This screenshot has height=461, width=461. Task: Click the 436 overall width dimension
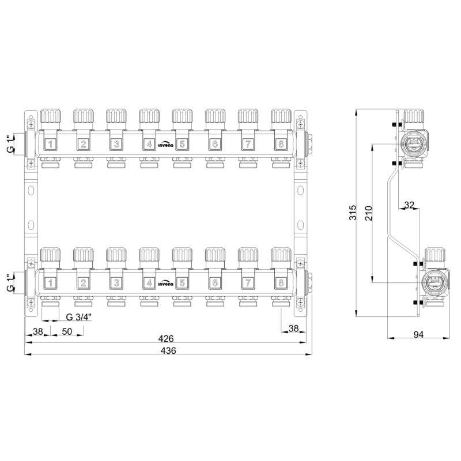[168, 351]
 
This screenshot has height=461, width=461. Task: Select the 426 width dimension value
[166, 339]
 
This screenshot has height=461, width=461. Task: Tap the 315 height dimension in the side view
[353, 212]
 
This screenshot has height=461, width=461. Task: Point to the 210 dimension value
[369, 213]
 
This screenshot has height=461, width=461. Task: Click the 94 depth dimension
[419, 335]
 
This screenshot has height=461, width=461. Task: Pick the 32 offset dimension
[409, 205]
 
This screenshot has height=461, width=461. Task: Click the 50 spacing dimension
[67, 331]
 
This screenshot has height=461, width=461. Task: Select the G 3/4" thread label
[79, 317]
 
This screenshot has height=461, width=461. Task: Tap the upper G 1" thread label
[10, 144]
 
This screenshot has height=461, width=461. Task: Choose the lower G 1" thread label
[10, 283]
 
